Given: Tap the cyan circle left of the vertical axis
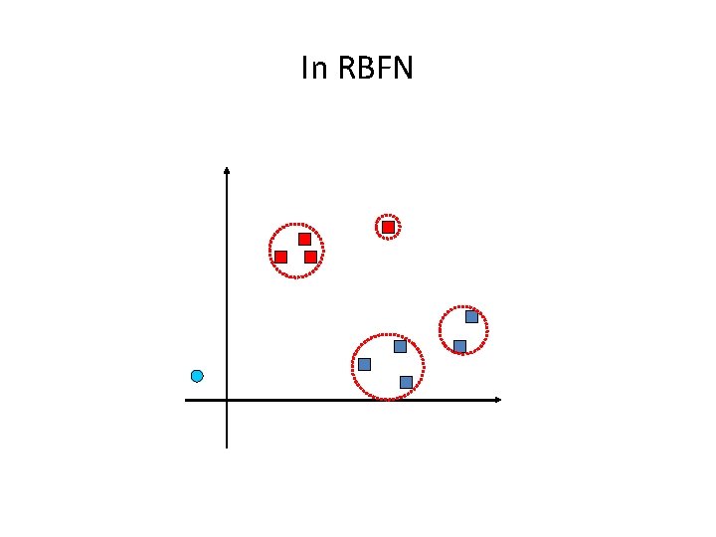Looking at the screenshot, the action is [x=197, y=376].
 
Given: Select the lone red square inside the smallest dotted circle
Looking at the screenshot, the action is [x=388, y=228].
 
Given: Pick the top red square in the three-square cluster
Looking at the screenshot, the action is [x=304, y=239].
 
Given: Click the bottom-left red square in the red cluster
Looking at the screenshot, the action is [x=280, y=257].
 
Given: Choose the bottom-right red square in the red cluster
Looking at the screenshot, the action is [x=310, y=257].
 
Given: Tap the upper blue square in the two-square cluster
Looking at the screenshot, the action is [x=471, y=317].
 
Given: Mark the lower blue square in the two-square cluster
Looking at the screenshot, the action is [x=459, y=346].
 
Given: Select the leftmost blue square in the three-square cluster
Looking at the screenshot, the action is [x=364, y=364].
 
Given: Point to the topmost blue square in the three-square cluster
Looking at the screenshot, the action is [x=400, y=346].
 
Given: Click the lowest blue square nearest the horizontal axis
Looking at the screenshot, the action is [x=406, y=382].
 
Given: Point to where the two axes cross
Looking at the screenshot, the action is [x=227, y=400].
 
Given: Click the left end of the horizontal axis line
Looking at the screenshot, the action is [x=186, y=400].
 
